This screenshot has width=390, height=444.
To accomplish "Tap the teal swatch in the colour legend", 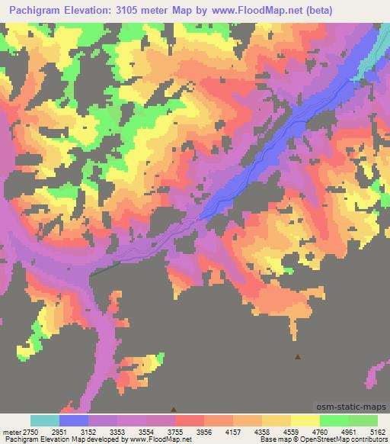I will point(45,420).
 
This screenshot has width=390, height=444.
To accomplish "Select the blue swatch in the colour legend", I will point(74,420).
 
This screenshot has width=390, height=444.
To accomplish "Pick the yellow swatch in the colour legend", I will point(305,420).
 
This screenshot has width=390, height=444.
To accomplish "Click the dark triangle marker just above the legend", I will point(174,410).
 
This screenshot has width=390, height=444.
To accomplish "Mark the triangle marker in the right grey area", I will point(297,356).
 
